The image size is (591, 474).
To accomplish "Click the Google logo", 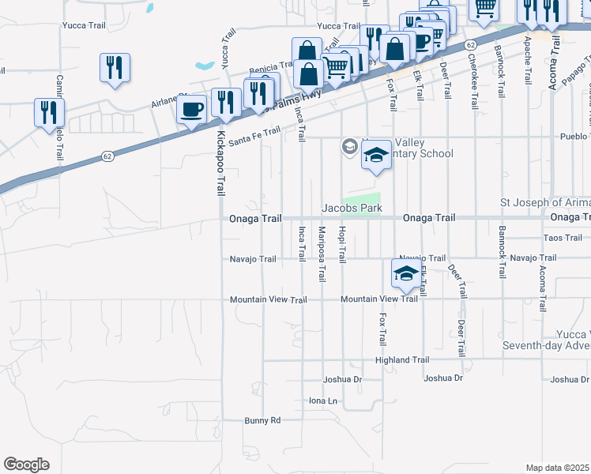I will (26, 465).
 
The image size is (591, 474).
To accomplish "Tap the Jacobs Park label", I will (352, 209).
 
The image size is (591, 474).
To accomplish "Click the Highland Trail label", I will (402, 360).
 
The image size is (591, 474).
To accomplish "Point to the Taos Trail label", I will (563, 238).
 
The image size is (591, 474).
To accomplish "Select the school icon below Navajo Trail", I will (406, 274).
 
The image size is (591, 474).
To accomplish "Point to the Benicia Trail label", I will (271, 71).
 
